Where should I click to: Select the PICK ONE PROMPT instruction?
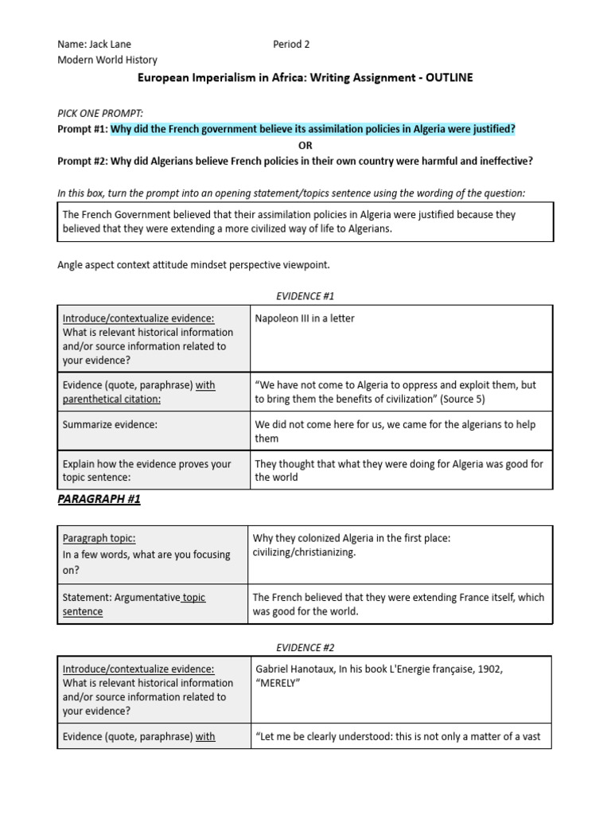99,114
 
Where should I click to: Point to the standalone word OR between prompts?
305,145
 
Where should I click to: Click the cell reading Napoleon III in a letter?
305,318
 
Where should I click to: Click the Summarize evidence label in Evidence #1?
110,425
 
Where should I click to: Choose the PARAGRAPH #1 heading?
99,499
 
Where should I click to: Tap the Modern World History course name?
107,60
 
